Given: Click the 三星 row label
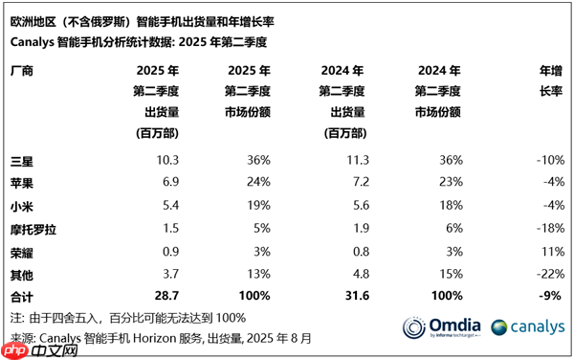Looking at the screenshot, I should (x=20, y=158).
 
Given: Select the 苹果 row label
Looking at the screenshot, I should (x=20, y=181).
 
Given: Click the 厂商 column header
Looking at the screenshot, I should (x=20, y=71).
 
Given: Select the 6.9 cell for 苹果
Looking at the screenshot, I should (x=169, y=181).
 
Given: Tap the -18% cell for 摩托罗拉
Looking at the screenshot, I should (x=548, y=229).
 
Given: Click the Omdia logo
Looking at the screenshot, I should (x=440, y=328).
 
